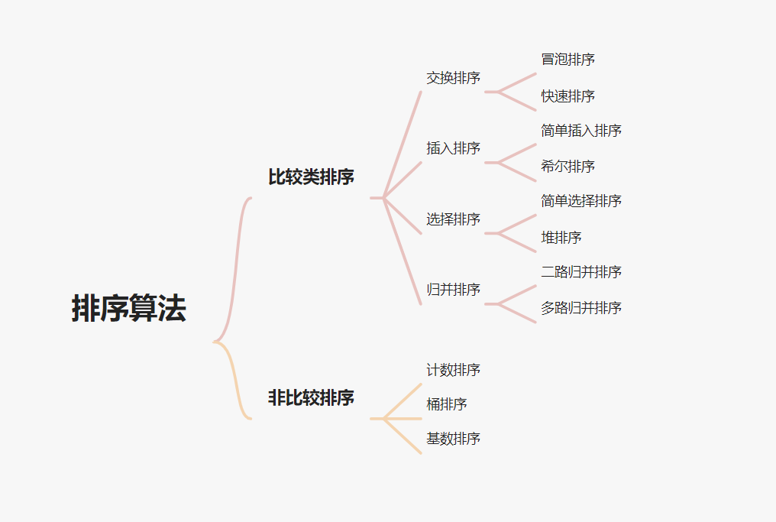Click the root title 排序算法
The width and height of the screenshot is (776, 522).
pyautogui.click(x=128, y=309)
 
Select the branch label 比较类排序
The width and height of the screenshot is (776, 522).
pyautogui.click(x=311, y=177)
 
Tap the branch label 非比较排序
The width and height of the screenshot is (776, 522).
pyautogui.click(x=311, y=398)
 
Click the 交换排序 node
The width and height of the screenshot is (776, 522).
pyautogui.click(x=453, y=78)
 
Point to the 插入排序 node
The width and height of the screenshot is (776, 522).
pyautogui.click(x=453, y=148)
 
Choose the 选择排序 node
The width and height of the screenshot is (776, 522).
pyautogui.click(x=453, y=219)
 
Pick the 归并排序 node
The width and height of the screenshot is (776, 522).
pyautogui.click(x=453, y=290)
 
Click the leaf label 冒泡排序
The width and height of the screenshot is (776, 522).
pyautogui.click(x=567, y=60)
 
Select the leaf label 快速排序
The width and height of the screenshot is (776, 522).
pyautogui.click(x=567, y=96)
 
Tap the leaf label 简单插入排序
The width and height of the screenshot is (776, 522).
pyautogui.click(x=581, y=131)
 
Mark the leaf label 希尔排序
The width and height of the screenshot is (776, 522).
pyautogui.click(x=567, y=167)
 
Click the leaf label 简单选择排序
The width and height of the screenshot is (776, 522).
pyautogui.click(x=581, y=201)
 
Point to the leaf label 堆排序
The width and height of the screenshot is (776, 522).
pyautogui.click(x=561, y=238)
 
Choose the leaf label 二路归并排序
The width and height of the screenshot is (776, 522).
pyautogui.click(x=581, y=272)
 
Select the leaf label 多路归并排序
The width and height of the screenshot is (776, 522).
pyautogui.click(x=581, y=308)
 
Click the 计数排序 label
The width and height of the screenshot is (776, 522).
pyautogui.click(x=453, y=370)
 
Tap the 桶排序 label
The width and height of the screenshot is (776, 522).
pyautogui.click(x=447, y=404)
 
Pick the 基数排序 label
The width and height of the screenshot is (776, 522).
pyautogui.click(x=453, y=439)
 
